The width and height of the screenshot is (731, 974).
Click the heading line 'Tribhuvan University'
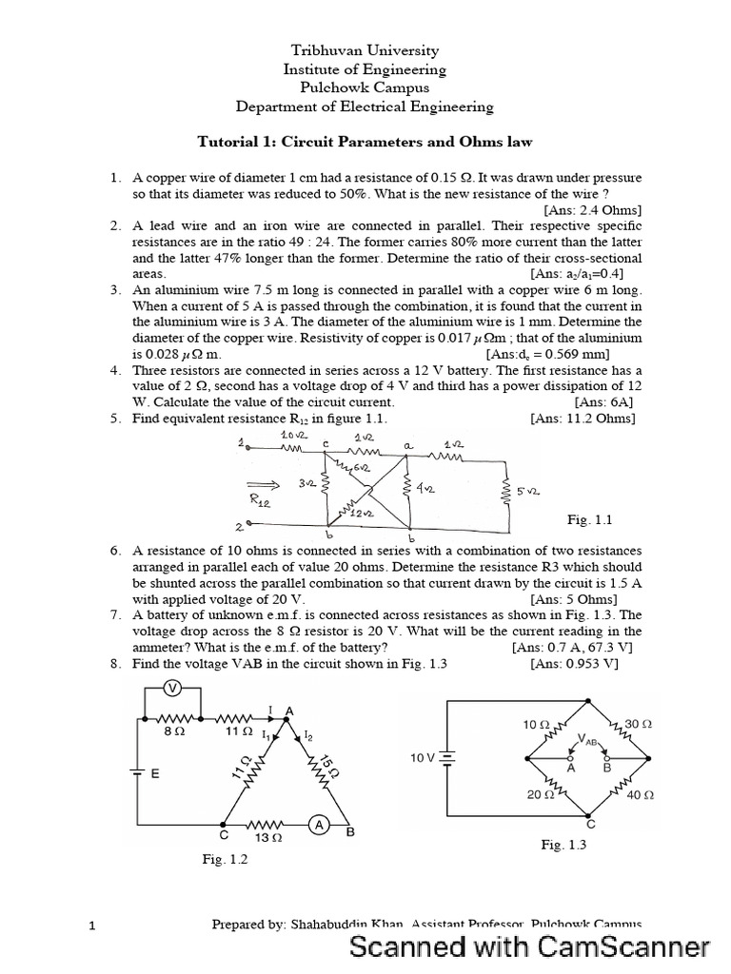click(x=365, y=50)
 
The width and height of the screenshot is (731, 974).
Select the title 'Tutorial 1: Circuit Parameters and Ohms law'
click(x=365, y=142)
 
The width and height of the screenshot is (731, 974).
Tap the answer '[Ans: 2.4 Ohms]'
click(x=592, y=209)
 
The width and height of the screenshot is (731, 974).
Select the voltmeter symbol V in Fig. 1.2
click(x=173, y=688)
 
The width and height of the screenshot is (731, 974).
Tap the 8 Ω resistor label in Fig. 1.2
click(x=174, y=733)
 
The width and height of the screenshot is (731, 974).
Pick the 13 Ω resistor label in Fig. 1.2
click(x=267, y=838)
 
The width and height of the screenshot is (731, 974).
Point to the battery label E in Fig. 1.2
click(x=154, y=774)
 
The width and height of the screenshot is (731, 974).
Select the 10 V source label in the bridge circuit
click(x=422, y=758)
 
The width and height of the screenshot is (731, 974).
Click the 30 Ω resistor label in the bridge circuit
click(x=638, y=724)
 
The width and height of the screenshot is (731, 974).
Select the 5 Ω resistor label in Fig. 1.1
click(x=529, y=491)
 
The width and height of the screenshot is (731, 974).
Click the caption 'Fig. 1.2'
click(x=225, y=859)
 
